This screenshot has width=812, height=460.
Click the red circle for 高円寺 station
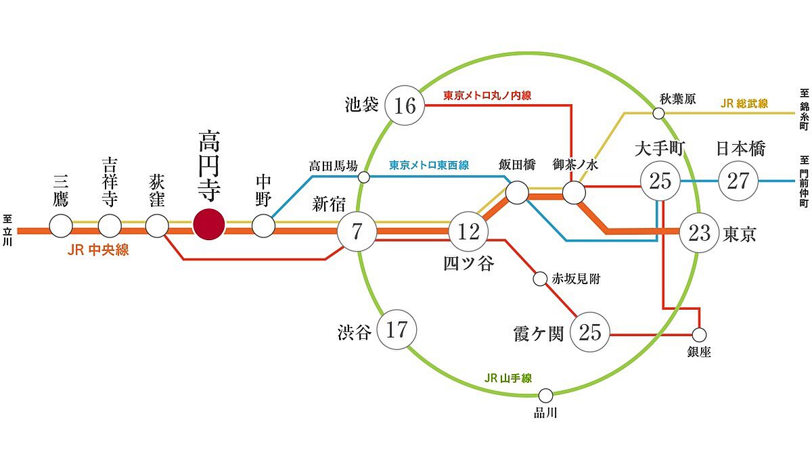pos(209,225)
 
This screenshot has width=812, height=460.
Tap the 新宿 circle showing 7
pos(357,231)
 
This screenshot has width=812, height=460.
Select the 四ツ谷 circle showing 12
pos(468,231)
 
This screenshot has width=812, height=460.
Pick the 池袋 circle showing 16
pos(405,106)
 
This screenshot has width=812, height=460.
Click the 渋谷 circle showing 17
pos(397,329)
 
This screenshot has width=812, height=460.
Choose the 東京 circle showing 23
pos(699,233)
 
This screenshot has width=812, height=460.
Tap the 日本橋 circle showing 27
pos(738,181)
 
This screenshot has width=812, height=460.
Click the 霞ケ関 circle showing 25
pos(590,332)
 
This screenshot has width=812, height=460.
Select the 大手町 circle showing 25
pos(660,181)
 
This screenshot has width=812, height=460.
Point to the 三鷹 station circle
pos(61,226)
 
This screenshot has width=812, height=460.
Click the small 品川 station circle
pos(545,396)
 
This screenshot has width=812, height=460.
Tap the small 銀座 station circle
pos(699,335)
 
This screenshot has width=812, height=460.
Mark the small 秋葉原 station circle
pos(658,114)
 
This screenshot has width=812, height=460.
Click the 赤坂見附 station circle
pos(540,279)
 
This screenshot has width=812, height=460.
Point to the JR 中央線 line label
pos(98,250)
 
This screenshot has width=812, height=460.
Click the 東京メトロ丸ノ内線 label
pos(487,95)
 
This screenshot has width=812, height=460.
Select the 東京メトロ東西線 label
pos(429,165)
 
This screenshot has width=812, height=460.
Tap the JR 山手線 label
pos(508,378)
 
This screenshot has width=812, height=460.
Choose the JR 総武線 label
pos(744,103)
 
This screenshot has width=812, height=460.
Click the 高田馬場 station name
pos(333,166)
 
